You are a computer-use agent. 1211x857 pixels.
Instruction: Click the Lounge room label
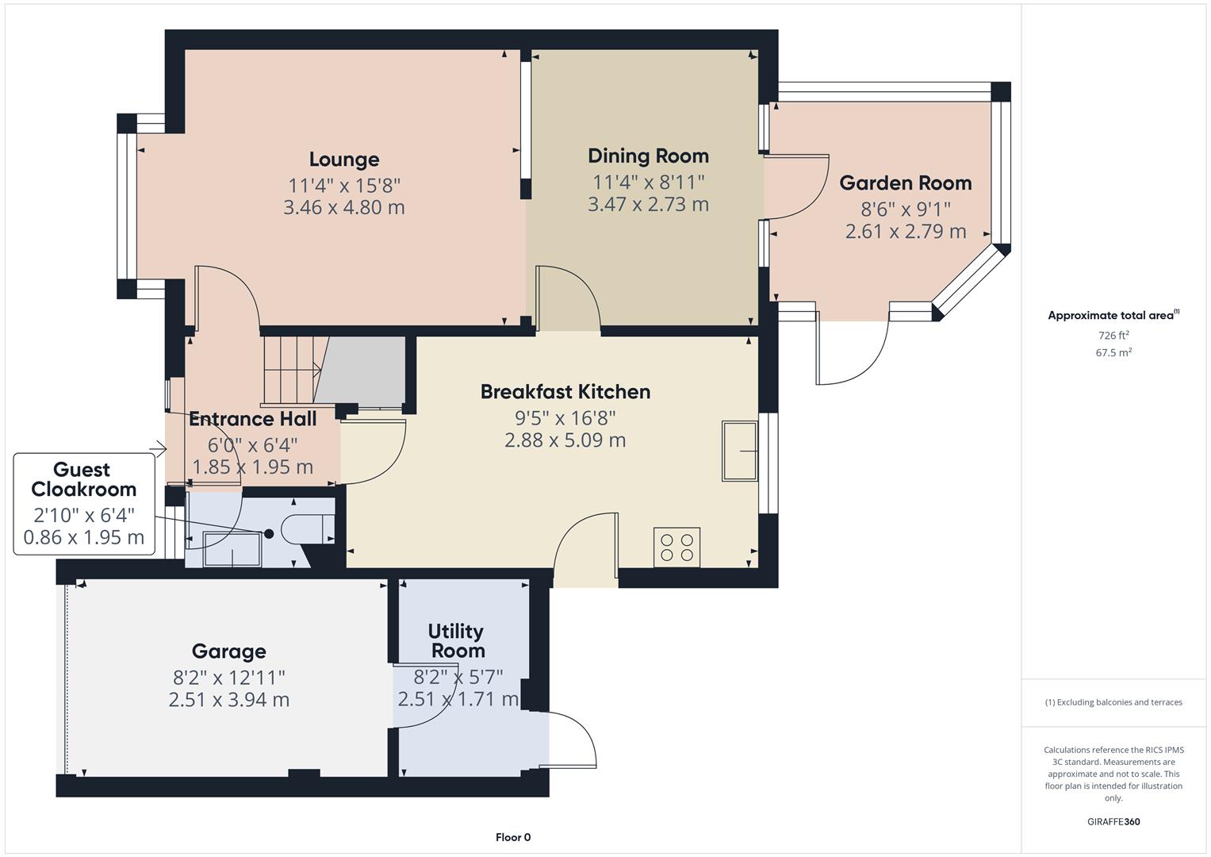(344, 159)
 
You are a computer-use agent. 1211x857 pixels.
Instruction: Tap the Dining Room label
(648, 156)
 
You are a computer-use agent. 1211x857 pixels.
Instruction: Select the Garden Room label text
(905, 183)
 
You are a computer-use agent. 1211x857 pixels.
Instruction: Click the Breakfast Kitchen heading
(565, 392)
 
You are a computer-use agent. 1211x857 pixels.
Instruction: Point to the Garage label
(228, 651)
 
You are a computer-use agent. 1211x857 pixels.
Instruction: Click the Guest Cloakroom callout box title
(83, 479)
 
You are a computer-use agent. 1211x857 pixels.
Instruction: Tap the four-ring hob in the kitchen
(676, 548)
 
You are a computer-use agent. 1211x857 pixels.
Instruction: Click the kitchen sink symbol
(739, 451)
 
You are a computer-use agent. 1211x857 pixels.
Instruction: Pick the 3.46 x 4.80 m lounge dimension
(344, 208)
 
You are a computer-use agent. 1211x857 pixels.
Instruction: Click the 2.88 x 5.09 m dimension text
(565, 440)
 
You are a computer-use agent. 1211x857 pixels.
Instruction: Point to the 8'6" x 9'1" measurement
(905, 209)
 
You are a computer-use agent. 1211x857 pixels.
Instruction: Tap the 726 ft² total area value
(1113, 336)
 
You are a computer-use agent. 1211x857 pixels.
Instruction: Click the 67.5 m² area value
(1113, 353)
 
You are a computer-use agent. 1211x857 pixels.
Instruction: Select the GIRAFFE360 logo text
(1113, 821)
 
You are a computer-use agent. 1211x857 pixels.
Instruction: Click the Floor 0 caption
(512, 837)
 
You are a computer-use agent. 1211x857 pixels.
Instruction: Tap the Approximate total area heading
(1113, 316)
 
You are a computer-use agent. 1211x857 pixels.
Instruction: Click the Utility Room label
(456, 641)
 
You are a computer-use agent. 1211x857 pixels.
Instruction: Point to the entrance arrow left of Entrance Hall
(158, 451)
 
